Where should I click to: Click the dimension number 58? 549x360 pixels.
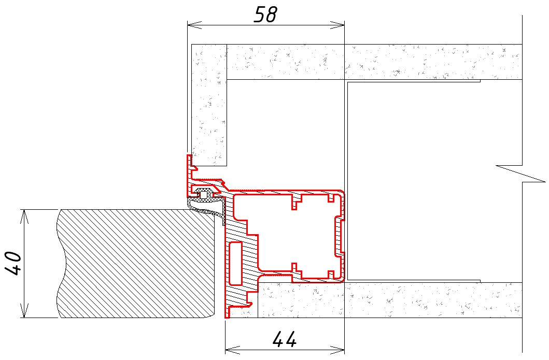pos(265,15)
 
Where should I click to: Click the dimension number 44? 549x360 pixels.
pos(284,339)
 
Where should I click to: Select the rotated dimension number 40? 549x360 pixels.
pos(13,263)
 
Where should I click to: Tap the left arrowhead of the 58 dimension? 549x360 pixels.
pos(194,25)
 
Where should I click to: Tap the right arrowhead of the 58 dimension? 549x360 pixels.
pos(337,25)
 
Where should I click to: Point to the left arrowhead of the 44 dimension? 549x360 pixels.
pos(232,349)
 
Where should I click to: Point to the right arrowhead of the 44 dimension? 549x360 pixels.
pos(337,349)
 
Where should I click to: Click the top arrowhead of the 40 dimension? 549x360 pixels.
pos(24,217)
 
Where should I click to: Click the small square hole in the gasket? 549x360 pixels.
pos(203,194)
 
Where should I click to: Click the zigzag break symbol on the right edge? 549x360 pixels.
pos(522,174)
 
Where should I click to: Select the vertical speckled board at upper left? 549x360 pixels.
pos(209,105)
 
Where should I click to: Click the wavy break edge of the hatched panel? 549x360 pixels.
pos(60,264)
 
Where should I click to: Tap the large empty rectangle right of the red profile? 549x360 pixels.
pos(413,181)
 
